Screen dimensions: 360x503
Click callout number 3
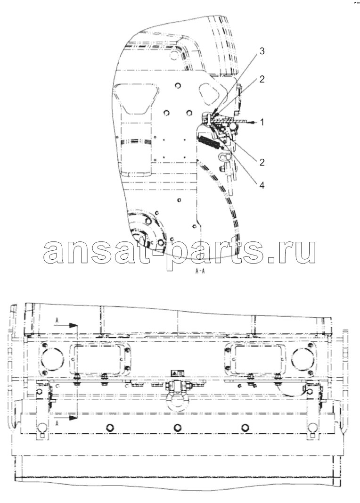(x=262, y=51)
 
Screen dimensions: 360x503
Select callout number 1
(x=262, y=122)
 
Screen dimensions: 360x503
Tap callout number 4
(x=262, y=185)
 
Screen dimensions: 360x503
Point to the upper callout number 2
(x=262, y=79)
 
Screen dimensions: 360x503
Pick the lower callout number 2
(x=262, y=162)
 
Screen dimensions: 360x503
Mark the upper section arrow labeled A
(x=66, y=324)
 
